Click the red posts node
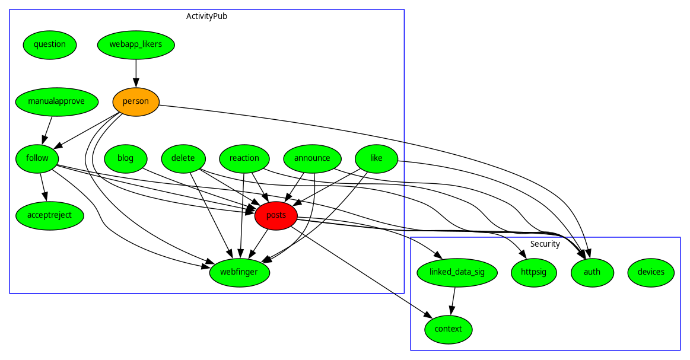pos(276,215)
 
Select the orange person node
pos(136,101)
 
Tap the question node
pos(50,44)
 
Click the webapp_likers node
pos(136,44)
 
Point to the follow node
pos(37,158)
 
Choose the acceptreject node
pos(50,215)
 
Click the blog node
pos(126,158)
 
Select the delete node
pos(183,158)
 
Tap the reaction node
pos(244,158)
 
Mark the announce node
pos(312,158)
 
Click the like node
pos(376,158)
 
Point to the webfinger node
pos(240,272)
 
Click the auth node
pos(592,272)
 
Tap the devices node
pos(651,272)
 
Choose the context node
pos(449,329)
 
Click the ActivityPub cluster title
pos(206,16)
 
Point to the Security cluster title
pos(545,244)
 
